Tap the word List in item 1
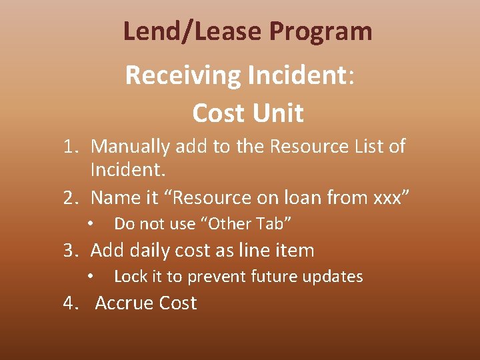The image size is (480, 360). pyautogui.click(x=363, y=146)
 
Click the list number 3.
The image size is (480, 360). pyautogui.click(x=70, y=251)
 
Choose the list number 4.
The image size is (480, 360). pyautogui.click(x=70, y=303)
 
